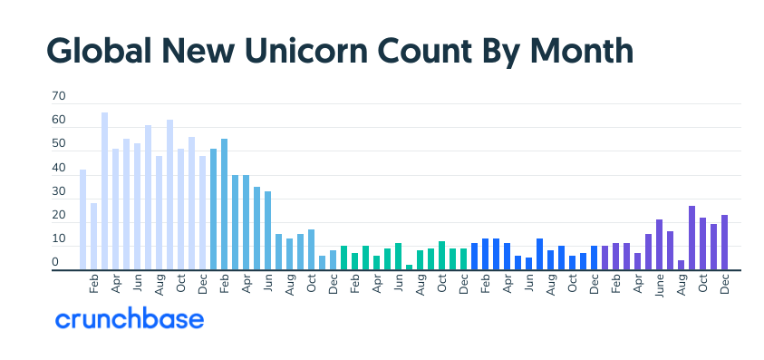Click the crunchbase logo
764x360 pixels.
(x=130, y=319)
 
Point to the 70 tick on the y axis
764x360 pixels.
(x=59, y=95)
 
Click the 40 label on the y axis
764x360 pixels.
(x=59, y=168)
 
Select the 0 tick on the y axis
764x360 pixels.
(x=55, y=263)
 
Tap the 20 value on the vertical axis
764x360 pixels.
(x=59, y=216)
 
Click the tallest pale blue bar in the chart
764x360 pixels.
(x=105, y=191)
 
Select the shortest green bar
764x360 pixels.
(x=410, y=267)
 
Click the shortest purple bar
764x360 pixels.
(x=681, y=265)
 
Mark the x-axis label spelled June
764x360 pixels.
(x=659, y=285)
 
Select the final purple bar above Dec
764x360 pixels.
(x=724, y=242)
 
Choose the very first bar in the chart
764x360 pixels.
(x=83, y=219)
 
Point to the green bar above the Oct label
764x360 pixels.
(x=442, y=256)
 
